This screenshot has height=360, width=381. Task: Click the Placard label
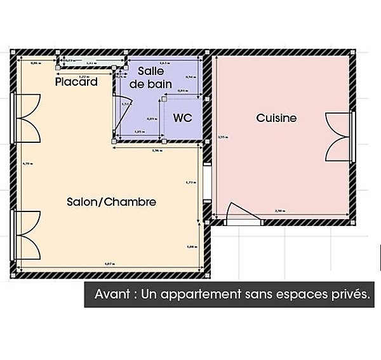76,82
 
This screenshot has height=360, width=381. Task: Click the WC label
182,118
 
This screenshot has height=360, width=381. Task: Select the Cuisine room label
276,118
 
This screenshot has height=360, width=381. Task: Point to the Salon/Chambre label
111,202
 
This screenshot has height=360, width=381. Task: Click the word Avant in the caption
112,295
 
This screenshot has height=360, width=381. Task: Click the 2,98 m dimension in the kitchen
279,211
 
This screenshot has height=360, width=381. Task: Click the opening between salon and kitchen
206,183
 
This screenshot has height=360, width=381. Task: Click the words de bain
146,84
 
